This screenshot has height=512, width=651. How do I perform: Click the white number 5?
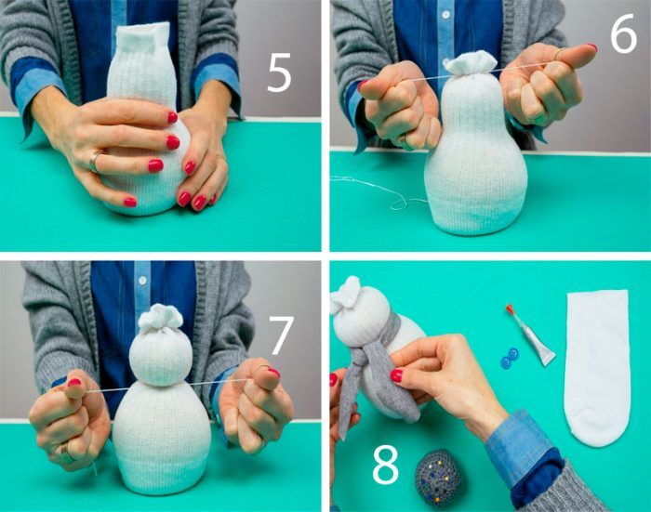(x=279, y=73)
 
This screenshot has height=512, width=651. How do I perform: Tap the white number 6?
(x=623, y=33)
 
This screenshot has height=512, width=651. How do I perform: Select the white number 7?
(x=281, y=335)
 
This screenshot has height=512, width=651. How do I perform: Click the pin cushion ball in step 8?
(x=438, y=473)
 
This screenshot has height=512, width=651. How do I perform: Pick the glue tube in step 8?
(x=531, y=335)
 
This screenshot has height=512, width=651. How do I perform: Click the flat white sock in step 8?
(x=596, y=368)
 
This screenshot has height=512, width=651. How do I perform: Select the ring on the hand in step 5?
(x=95, y=162)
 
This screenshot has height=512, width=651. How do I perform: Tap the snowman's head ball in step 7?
(x=161, y=359)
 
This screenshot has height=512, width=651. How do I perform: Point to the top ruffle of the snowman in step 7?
(x=160, y=316)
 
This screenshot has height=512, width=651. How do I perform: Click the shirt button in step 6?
(x=445, y=15)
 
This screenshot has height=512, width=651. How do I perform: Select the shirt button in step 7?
(x=142, y=281)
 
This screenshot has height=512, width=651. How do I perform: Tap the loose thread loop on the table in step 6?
(x=399, y=203)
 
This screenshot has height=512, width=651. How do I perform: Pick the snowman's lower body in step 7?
(x=162, y=438)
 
